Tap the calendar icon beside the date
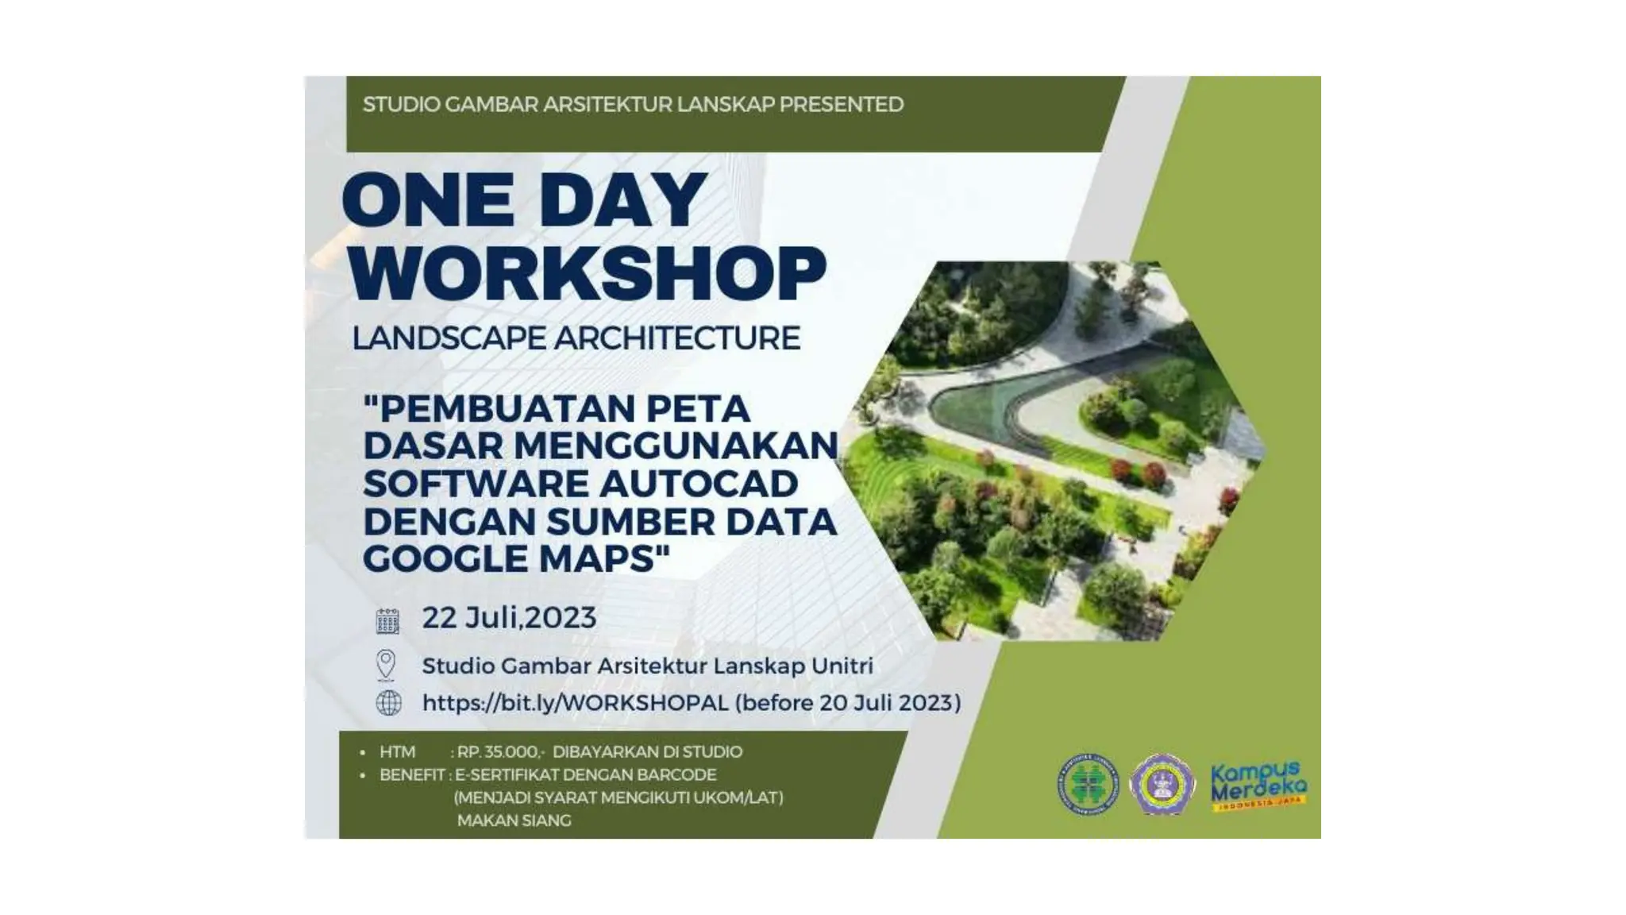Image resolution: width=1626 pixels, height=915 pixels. click(387, 620)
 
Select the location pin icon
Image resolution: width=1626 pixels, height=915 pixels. click(386, 665)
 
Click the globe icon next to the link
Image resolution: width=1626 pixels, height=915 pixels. click(388, 703)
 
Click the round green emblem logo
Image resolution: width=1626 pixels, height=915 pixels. click(1088, 785)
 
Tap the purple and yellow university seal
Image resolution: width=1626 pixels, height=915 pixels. click(1162, 785)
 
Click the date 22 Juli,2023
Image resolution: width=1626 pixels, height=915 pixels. click(509, 618)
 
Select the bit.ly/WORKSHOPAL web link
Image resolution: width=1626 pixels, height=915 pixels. click(575, 704)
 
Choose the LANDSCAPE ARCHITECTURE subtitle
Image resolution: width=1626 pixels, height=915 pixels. click(576, 338)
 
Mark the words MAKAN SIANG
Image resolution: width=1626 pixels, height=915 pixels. click(514, 820)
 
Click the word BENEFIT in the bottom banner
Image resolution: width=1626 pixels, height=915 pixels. click(411, 774)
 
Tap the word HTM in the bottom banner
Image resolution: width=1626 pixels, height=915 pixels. click(397, 752)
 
